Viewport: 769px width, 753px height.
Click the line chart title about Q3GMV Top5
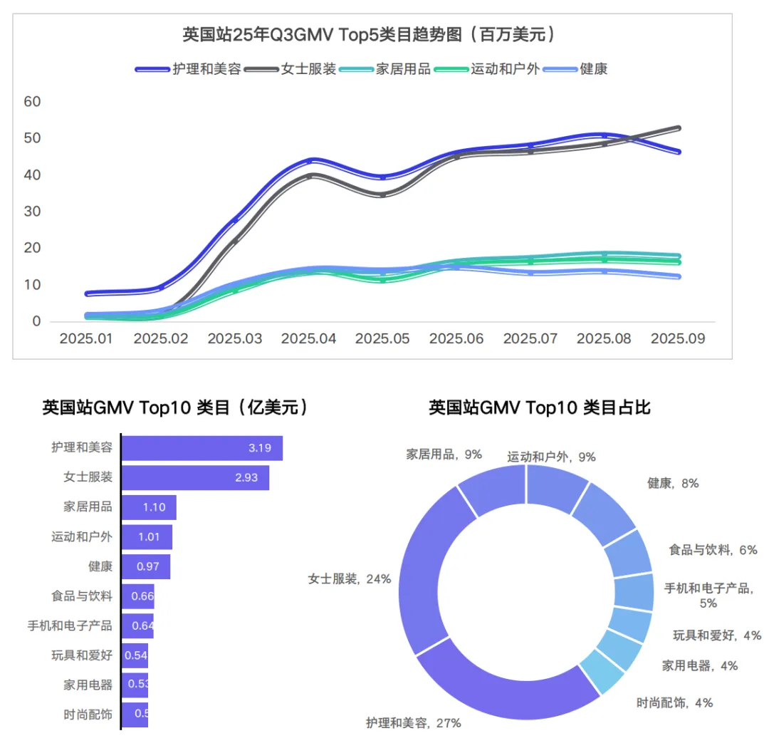[x=368, y=34]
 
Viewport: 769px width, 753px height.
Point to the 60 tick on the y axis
[x=33, y=102]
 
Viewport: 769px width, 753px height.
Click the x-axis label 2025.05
[x=382, y=338]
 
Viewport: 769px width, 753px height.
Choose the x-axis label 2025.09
[x=678, y=338]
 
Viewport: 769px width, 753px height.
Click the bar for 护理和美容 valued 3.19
[x=202, y=448]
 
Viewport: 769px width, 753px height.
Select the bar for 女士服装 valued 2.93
[x=195, y=478]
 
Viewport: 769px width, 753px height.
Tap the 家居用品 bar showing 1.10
[x=149, y=508]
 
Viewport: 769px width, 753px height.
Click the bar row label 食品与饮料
[x=82, y=596]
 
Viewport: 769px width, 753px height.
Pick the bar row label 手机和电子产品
[x=70, y=625]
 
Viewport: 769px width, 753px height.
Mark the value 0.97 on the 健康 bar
[x=149, y=567]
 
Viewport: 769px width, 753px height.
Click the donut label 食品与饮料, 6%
[x=712, y=549]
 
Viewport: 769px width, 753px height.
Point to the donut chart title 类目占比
[x=539, y=407]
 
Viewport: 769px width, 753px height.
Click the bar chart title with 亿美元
[x=175, y=407]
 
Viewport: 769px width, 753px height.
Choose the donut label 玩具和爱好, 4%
[x=716, y=635]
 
